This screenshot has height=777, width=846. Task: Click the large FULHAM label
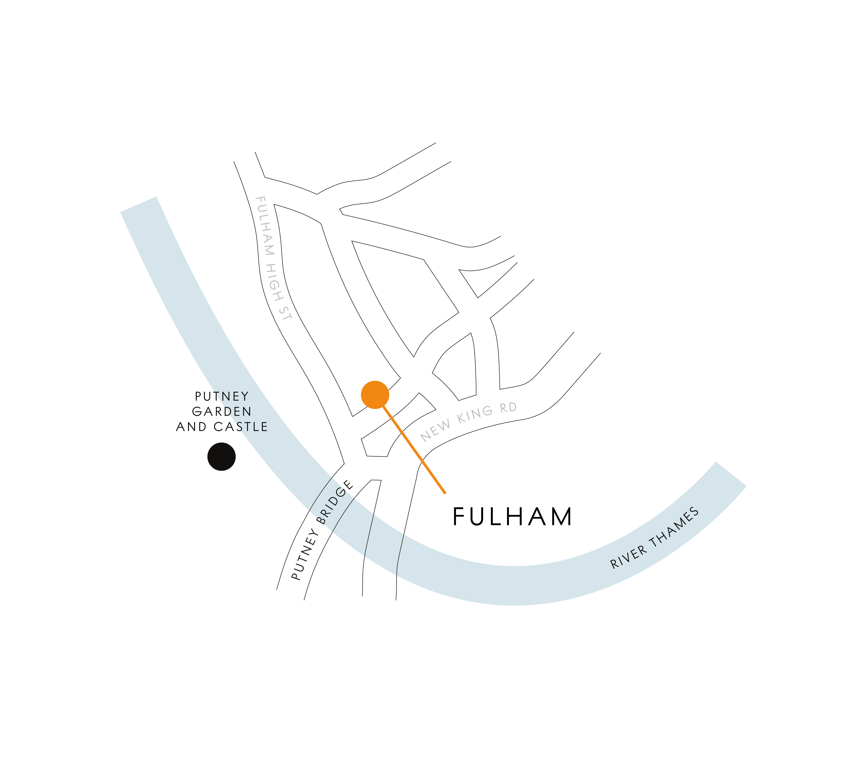point(512,517)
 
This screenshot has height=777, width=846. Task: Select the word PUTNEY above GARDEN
point(222,396)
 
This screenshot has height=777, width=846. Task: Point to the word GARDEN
point(222,412)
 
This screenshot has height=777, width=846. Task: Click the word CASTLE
point(241,427)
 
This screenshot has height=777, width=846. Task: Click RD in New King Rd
point(508,407)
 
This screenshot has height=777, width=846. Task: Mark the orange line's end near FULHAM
point(445,493)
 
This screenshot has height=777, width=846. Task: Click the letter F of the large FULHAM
point(458,517)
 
